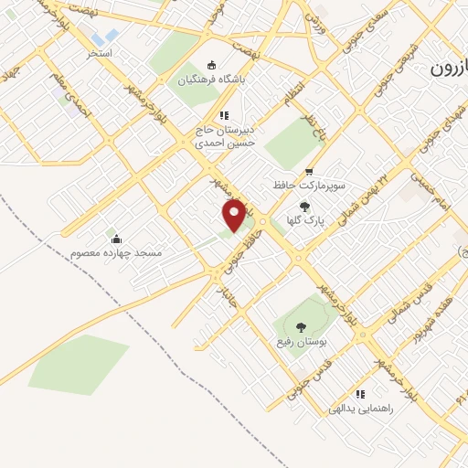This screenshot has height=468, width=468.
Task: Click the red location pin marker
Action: pyautogui.click(x=235, y=216)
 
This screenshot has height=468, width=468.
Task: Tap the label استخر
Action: pyautogui.click(x=99, y=54)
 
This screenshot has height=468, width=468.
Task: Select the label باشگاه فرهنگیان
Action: pyautogui.click(x=212, y=80)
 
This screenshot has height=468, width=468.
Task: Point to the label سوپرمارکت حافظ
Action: pyautogui.click(x=308, y=185)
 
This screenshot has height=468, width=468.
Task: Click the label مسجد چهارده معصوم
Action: pyautogui.click(x=115, y=250)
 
